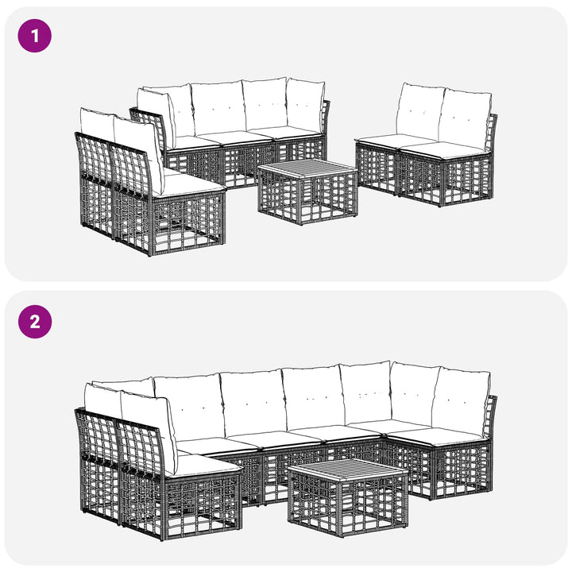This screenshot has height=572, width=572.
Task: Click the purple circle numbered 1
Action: [35, 36]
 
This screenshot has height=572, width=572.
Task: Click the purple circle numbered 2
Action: [35, 322]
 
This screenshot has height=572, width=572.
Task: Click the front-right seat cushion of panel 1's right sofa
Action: [445, 150]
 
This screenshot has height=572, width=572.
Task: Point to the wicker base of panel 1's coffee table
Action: [307, 199]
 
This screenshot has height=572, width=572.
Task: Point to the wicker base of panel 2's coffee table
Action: [347, 505]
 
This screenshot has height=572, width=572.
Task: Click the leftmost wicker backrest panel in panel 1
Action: [94, 157]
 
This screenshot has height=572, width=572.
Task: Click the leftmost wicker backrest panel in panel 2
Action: [97, 436]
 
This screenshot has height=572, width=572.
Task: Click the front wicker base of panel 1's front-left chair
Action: [187, 224]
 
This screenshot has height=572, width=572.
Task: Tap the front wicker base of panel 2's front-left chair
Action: [202, 505]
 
